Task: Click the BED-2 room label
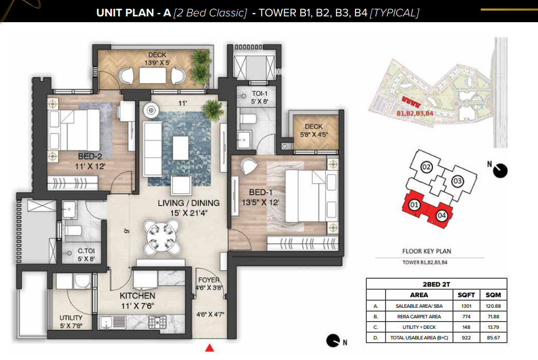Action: [90, 156]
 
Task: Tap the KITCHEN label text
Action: [137, 296]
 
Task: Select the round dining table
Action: [161, 237]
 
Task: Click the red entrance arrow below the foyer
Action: [209, 348]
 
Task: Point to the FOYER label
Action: [209, 280]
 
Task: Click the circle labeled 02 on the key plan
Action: [426, 167]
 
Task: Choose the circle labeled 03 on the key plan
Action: [457, 181]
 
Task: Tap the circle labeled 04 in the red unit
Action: [441, 215]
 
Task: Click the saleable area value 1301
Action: [466, 306]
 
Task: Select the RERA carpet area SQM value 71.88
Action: [493, 317]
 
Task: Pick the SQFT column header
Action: [466, 295]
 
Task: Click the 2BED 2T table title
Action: [436, 285]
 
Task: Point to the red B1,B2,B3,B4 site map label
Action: [415, 113]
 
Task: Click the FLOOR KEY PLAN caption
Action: [427, 251]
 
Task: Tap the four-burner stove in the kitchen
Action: [158, 322]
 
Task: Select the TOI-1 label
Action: [260, 93]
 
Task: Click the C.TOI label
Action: [86, 251]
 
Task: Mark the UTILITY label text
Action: [71, 318]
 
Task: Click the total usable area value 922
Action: [466, 338]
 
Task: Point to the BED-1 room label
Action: [261, 192]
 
